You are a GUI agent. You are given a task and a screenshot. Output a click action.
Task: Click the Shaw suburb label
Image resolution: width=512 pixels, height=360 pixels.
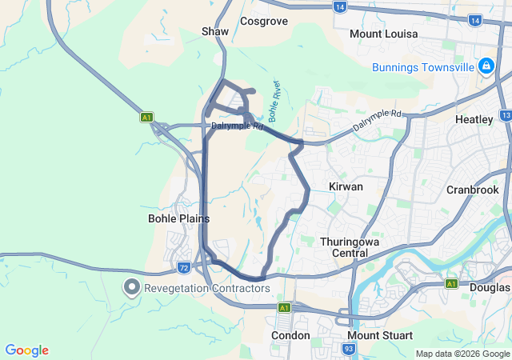[x=214, y=31]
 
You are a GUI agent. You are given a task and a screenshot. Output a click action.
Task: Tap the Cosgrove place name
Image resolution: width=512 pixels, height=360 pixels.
[x=263, y=22]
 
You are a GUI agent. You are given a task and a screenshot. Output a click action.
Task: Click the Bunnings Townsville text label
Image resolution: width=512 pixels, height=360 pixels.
[x=423, y=66]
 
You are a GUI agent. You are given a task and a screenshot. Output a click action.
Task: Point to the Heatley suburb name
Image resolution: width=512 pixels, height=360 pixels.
[x=474, y=119]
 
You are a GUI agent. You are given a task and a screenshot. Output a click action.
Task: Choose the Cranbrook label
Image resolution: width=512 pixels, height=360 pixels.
[x=473, y=190]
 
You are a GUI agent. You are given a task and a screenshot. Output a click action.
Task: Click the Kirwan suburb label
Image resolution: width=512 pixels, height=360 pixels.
[x=346, y=186]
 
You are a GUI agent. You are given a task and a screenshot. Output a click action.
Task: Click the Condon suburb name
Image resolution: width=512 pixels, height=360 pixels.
[x=290, y=335]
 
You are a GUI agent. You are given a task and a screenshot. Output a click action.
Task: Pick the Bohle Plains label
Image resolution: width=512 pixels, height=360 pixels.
[x=179, y=218]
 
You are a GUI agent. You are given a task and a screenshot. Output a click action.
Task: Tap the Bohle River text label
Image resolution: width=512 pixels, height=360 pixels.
[x=274, y=101]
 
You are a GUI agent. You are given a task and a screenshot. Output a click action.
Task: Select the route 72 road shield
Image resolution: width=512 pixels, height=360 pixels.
[x=184, y=266]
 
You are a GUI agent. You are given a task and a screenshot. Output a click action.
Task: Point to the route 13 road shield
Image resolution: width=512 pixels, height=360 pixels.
[x=506, y=115]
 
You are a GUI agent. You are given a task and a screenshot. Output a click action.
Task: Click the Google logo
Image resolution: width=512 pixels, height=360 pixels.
[x=27, y=350]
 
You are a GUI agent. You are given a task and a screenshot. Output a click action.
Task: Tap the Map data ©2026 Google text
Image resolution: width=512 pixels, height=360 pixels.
[x=462, y=354]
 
